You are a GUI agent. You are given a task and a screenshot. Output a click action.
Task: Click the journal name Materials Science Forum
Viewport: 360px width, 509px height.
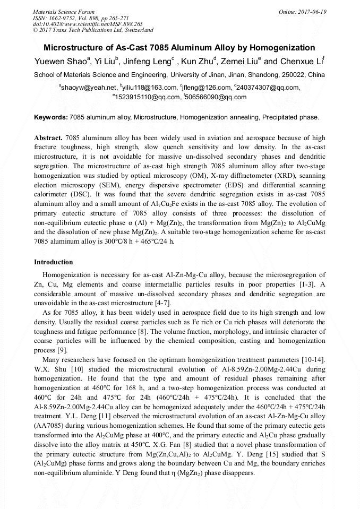click(64, 12)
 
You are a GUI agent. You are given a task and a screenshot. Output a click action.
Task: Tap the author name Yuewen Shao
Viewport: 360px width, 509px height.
click(59, 62)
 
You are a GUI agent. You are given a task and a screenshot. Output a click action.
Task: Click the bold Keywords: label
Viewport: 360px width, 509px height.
click(50, 116)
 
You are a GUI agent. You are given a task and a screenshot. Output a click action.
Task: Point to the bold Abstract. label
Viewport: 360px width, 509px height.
click(49, 137)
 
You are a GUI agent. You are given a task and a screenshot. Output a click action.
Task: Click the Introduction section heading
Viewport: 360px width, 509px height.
click(53, 262)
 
